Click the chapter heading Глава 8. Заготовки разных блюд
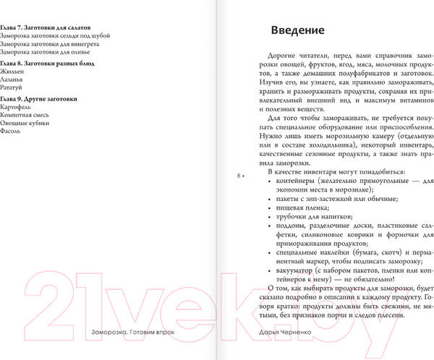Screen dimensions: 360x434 (43, 63)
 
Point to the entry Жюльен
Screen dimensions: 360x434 (12, 72)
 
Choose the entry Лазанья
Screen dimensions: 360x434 (13, 80)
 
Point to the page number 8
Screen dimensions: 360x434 (239, 175)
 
